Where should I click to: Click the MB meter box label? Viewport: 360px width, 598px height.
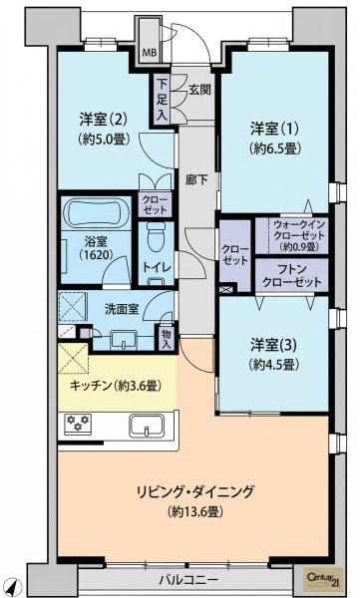coord(150,53)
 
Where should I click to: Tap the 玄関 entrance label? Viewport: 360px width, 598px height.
coord(199,90)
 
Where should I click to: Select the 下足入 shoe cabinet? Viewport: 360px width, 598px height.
coord(163,100)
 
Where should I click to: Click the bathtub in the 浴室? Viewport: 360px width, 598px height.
coord(96,213)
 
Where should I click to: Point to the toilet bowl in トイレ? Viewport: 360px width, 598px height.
coord(155,235)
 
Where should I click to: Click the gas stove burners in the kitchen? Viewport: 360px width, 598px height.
coord(78,423)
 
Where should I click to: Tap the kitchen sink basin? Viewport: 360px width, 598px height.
coord(147,426)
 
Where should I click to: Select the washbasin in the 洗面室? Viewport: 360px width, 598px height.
coord(123,340)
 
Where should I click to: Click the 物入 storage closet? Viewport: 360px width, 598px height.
coord(167,337)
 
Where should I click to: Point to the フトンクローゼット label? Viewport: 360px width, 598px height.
coord(291,276)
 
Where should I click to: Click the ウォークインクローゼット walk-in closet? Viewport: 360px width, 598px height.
coord(291,235)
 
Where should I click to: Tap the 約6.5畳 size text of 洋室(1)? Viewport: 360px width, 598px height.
coord(273,148)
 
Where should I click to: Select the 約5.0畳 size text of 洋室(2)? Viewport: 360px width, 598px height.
coord(104,139)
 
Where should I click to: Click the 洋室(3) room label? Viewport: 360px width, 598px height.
coord(273,346)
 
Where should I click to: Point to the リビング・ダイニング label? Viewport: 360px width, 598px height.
coord(195,491)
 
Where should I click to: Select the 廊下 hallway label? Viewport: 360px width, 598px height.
coord(196,179)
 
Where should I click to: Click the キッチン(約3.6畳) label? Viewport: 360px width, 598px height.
coord(116,386)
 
